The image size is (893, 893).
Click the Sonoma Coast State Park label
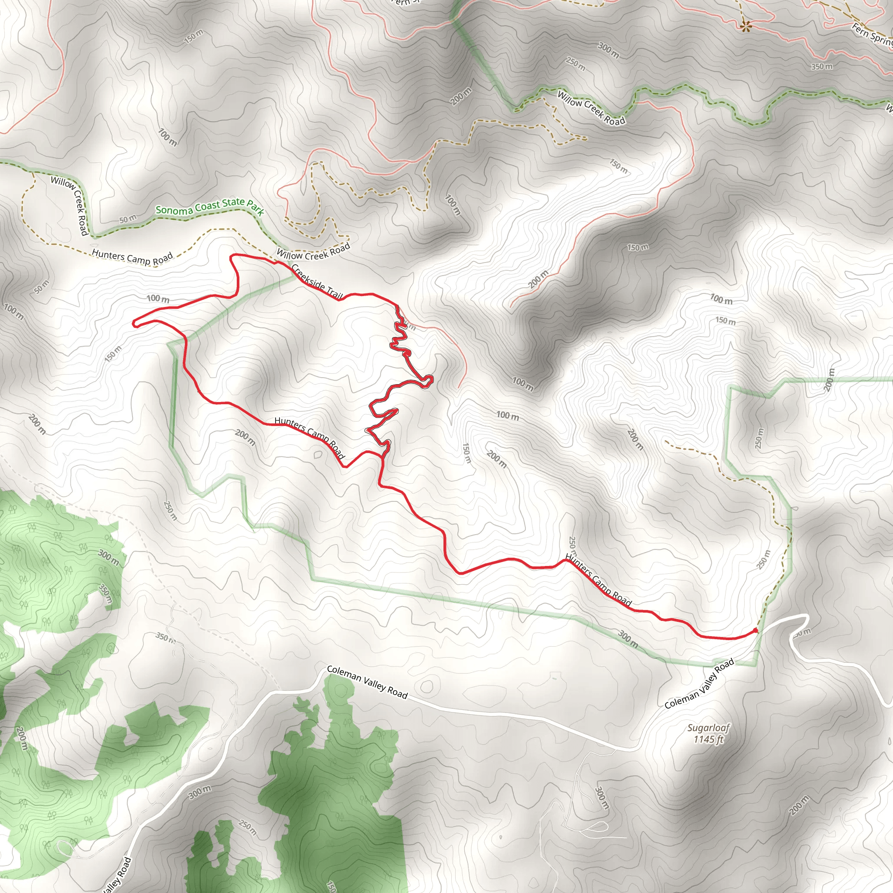[x=209, y=207]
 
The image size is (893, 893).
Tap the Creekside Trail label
[x=317, y=282]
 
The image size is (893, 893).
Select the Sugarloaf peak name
[x=708, y=729]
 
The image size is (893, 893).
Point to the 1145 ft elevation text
[x=708, y=740]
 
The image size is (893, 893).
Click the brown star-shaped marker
[x=745, y=26]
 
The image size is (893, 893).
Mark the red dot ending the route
[x=755, y=631]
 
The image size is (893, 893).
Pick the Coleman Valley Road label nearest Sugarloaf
[x=699, y=684]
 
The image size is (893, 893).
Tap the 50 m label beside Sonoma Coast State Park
[x=128, y=219]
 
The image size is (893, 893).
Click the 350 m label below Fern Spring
[x=822, y=67]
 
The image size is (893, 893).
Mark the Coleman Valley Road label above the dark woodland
[x=367, y=682]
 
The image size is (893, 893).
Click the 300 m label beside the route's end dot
[x=628, y=639]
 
